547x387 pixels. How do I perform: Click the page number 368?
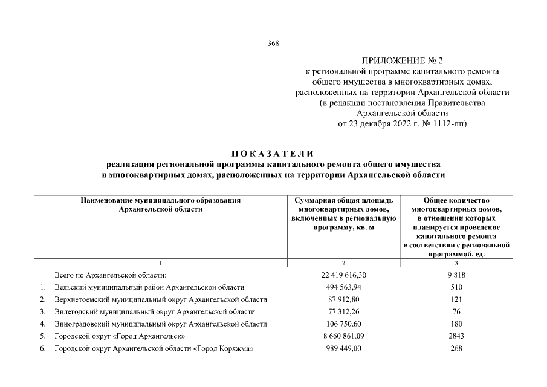[273, 43]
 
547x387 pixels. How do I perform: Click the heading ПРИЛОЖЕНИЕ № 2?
[402, 62]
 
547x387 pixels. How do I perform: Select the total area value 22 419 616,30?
[343, 275]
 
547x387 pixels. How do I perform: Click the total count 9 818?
[456, 275]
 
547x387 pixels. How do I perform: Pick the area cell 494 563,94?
[343, 287]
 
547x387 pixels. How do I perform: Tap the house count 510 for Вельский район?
[456, 287]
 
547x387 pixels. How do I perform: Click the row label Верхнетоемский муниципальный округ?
[160, 299]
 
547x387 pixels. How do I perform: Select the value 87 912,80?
[343, 299]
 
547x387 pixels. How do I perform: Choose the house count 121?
[456, 299]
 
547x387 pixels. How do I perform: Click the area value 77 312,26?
[343, 311]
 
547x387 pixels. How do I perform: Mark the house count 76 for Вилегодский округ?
[456, 311]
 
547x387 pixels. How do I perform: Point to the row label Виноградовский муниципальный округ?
[160, 324]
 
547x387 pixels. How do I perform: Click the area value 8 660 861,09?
[343, 336]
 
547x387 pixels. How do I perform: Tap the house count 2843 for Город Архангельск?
[456, 336]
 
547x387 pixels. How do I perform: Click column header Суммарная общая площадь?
[343, 200]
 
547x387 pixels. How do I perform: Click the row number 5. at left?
[43, 336]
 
